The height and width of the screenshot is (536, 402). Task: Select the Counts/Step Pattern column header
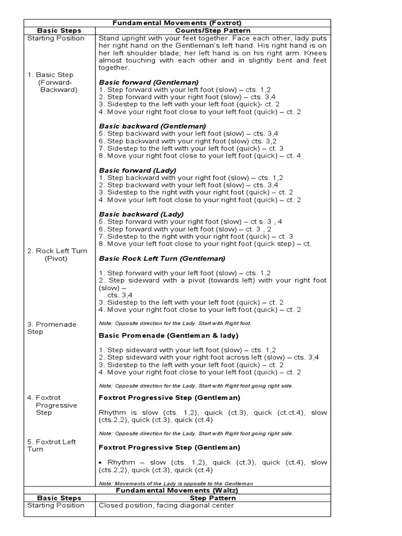tap(213, 30)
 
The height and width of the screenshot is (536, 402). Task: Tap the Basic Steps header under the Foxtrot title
tap(59, 30)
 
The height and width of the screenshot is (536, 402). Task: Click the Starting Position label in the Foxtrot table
tap(55, 38)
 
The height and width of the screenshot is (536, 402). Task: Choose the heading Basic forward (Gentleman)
tap(148, 82)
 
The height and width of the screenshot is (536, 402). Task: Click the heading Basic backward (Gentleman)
tap(152, 126)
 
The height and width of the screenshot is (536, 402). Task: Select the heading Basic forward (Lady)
tap(137, 170)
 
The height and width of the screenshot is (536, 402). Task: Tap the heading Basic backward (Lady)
tap(141, 214)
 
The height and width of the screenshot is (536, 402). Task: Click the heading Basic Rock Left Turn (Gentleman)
tap(162, 259)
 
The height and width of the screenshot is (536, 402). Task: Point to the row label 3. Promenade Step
tap(51, 328)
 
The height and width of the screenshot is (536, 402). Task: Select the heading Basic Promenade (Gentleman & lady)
tap(169, 335)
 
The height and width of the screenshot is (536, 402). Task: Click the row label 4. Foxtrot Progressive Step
tap(52, 405)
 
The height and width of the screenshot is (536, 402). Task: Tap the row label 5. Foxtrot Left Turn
tap(51, 445)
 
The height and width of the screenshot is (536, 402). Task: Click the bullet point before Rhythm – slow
tap(100, 463)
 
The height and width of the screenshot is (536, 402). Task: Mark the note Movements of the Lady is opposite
tap(176, 483)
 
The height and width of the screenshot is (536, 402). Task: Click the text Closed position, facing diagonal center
tap(166, 506)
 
